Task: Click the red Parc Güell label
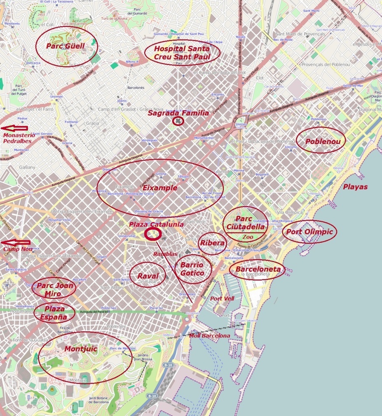[x=65, y=46]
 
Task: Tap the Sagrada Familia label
[x=178, y=113]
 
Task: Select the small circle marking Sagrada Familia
[x=178, y=121]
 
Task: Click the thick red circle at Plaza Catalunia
[x=152, y=234]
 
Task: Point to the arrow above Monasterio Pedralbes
[x=14, y=128]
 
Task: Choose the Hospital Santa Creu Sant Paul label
[x=182, y=53]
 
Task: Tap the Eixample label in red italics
[x=160, y=188]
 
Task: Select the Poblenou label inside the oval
[x=320, y=141]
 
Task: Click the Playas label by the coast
[x=355, y=187]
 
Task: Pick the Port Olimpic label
[x=309, y=232]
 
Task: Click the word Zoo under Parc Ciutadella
[x=248, y=237]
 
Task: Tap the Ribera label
[x=212, y=243]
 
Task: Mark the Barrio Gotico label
[x=192, y=269]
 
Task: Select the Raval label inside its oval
[x=148, y=276]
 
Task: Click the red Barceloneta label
[x=258, y=270]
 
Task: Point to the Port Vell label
[x=222, y=298]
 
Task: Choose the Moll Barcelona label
[x=209, y=336]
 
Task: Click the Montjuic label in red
[x=81, y=349]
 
